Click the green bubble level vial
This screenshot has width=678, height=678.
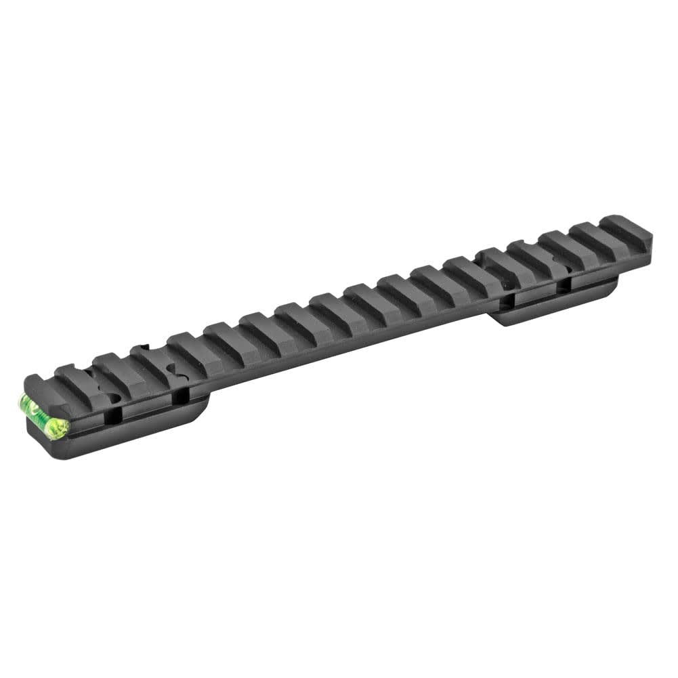(x=43, y=415)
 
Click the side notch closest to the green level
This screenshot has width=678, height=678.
(x=119, y=414)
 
